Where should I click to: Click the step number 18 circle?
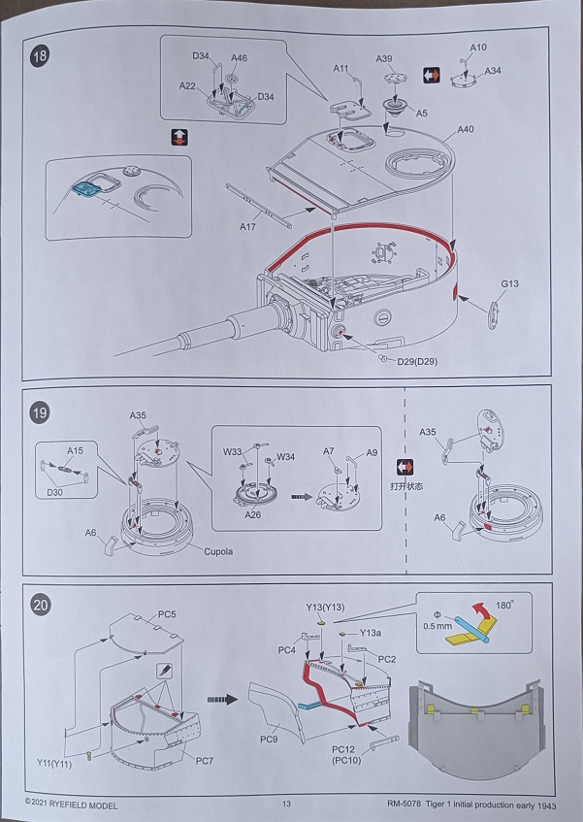(39, 56)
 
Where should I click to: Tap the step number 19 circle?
(39, 411)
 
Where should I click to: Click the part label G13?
(511, 283)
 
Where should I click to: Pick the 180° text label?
(509, 605)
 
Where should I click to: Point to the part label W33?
(233, 450)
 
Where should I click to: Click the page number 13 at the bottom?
(286, 804)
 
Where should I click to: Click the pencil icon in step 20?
(163, 671)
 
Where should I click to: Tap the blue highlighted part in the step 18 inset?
(89, 189)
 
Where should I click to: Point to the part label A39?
(385, 59)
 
